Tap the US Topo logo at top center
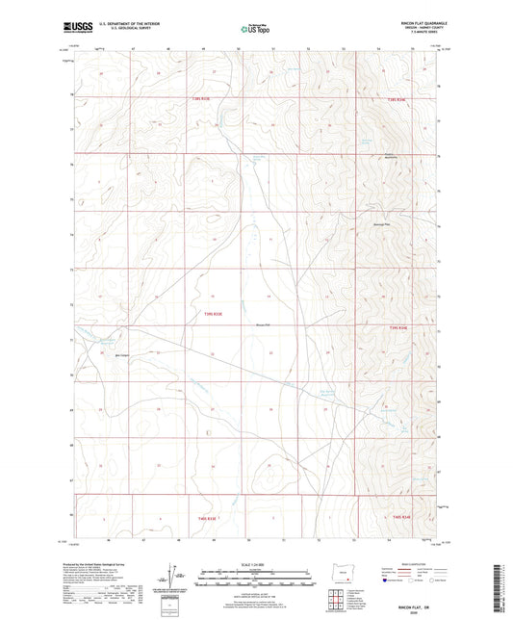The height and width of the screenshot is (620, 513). tap(254, 30)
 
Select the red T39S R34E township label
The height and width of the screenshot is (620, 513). tap(399, 328)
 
